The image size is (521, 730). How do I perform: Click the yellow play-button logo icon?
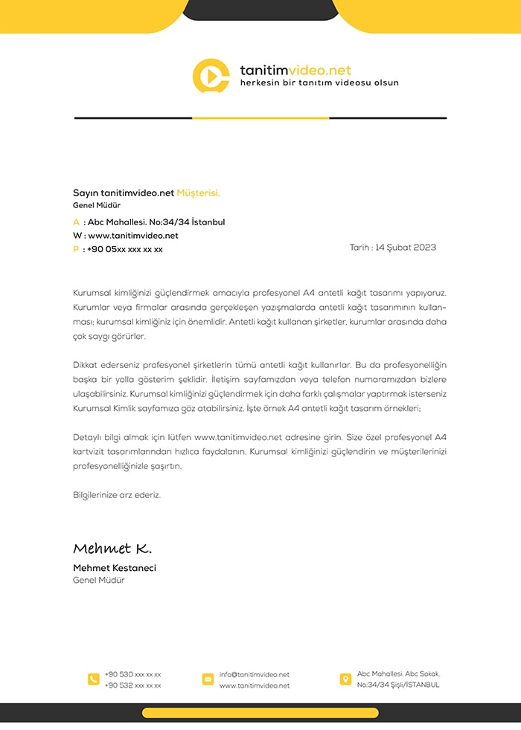point(211,76)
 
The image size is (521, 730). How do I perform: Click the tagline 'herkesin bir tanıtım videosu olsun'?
point(319,83)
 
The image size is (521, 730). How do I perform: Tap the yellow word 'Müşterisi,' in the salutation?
point(198,193)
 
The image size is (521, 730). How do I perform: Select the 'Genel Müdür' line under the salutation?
point(97,205)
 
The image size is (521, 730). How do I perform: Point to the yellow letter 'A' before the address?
point(76,222)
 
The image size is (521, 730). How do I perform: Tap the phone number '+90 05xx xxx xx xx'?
point(124,250)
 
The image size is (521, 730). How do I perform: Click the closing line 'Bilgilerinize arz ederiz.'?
point(117,494)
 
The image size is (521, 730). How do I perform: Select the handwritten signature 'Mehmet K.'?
point(112,549)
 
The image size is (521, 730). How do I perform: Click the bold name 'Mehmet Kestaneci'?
point(115,568)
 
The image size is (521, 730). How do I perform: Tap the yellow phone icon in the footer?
point(94,679)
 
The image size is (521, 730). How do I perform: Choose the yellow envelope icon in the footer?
point(208,679)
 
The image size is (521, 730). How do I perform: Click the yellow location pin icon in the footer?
point(345,679)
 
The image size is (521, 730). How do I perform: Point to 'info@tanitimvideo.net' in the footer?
point(254,674)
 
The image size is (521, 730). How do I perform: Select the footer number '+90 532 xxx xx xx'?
point(132,685)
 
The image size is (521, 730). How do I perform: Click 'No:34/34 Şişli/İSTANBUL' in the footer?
point(398,685)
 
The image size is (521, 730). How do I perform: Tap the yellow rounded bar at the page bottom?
point(260,713)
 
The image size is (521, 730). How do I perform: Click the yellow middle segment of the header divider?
point(260,118)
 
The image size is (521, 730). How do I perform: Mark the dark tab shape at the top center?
point(260,9)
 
